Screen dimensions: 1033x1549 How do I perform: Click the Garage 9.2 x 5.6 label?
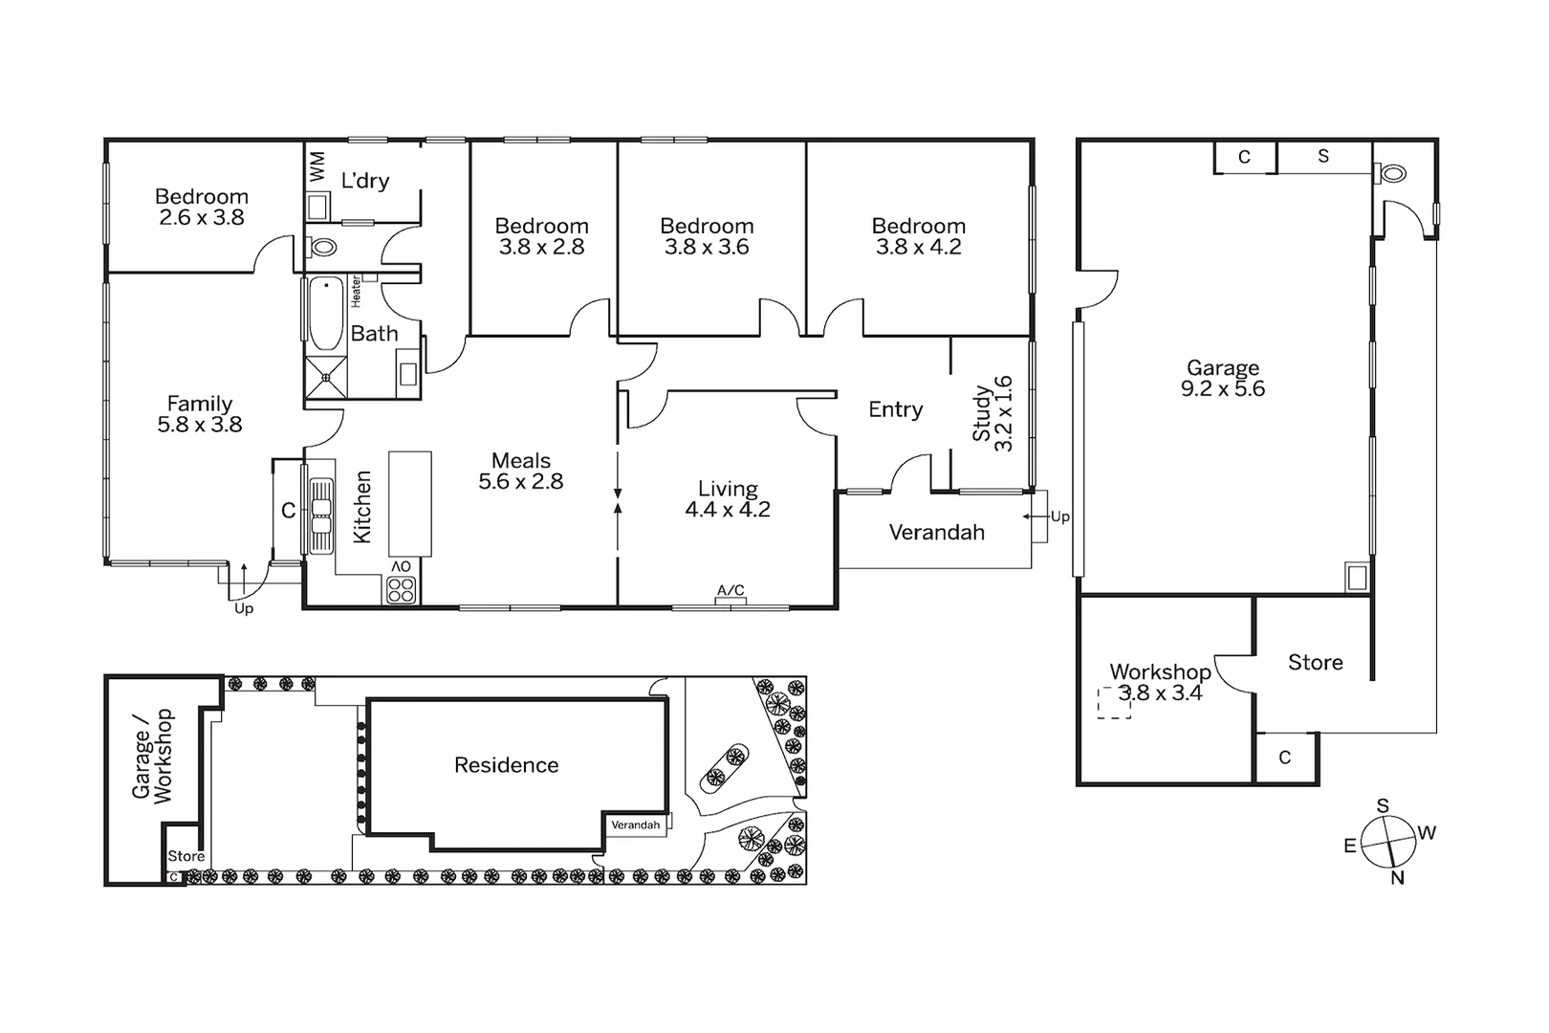[x=1223, y=378]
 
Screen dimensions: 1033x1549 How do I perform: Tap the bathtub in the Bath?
[x=326, y=314]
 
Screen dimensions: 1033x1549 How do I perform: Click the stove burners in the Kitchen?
[x=402, y=589]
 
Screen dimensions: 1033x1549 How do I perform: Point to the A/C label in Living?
[x=731, y=591]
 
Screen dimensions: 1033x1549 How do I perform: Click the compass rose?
[x=1387, y=842]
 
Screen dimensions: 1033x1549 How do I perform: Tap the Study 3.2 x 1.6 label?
[x=993, y=414]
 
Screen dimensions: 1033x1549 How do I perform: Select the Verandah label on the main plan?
[x=936, y=533]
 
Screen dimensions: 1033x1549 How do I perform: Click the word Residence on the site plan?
[x=506, y=765]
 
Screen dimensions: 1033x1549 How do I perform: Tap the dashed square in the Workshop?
[x=1113, y=703]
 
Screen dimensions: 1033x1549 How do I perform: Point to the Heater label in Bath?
[x=356, y=291]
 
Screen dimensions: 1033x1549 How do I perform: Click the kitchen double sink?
[x=320, y=515]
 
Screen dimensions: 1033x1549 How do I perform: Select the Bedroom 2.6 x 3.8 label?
[x=202, y=207]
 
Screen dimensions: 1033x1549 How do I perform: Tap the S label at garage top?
[x=1323, y=156]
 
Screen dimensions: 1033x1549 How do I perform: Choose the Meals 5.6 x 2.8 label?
[x=521, y=472]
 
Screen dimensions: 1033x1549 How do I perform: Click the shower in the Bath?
[x=326, y=377]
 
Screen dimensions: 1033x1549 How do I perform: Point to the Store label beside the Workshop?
[x=1315, y=663]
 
